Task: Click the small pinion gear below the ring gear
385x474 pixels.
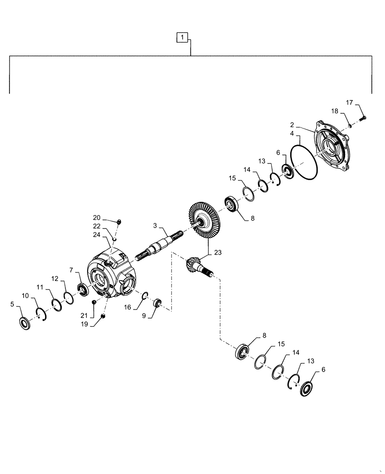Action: point(196,264)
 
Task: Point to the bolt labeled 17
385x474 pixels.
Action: point(363,118)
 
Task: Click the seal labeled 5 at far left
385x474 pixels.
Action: point(25,324)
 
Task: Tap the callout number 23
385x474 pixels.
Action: point(218,253)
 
